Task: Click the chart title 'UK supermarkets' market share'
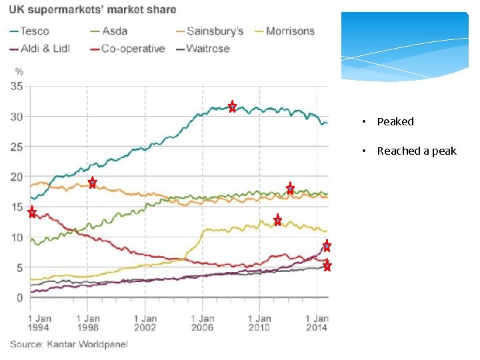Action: [93, 10]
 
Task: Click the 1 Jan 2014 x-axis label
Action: [317, 323]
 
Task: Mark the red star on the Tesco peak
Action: [232, 107]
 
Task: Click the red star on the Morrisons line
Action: [277, 220]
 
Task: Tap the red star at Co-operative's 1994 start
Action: [32, 213]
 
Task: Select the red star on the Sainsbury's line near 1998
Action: [93, 183]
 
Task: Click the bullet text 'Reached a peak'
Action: [417, 151]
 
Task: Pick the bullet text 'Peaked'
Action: [395, 121]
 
